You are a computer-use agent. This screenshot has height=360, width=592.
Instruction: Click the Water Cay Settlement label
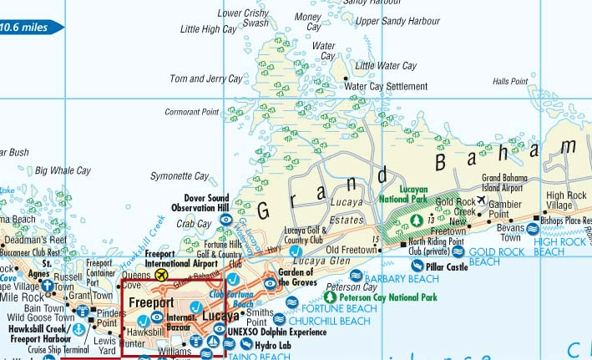point(386,86)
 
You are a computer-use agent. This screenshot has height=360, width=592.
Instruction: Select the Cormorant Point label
point(192,112)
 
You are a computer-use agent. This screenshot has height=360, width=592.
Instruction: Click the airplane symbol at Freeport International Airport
point(162,273)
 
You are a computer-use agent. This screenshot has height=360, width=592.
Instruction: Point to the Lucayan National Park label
point(403,195)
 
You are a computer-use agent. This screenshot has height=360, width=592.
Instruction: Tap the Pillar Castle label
point(447,267)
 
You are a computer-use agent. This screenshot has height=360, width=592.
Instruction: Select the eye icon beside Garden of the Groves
point(271,284)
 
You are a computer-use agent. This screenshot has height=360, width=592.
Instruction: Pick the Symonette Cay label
point(180,176)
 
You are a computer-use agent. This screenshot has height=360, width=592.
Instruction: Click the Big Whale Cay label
point(63,170)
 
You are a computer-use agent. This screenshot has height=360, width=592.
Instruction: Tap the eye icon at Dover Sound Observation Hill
point(225,220)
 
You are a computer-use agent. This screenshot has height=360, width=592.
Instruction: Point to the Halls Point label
point(510,82)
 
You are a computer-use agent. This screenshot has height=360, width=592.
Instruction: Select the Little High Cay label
point(209,29)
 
